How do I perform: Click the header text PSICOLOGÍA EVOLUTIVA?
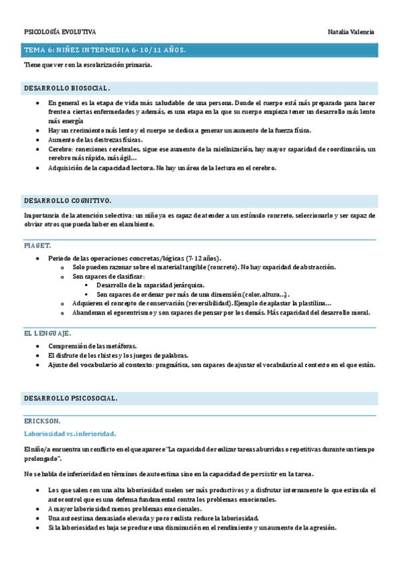click(60, 32)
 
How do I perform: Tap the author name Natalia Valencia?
click(351, 32)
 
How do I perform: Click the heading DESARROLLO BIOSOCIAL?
click(67, 88)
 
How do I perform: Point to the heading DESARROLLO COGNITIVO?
click(68, 200)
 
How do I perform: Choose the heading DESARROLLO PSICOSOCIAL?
click(71, 398)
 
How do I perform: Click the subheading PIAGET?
click(38, 245)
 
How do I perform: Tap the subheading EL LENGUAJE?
click(47, 333)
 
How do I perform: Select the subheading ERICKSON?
click(42, 420)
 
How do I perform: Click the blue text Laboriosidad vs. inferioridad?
click(70, 434)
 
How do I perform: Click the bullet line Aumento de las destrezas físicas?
click(95, 140)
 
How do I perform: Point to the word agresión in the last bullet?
click(321, 527)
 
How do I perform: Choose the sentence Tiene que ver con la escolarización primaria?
click(88, 65)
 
